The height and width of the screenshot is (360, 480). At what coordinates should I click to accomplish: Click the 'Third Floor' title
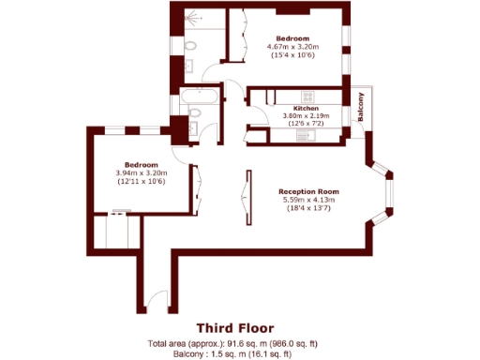tap(234, 328)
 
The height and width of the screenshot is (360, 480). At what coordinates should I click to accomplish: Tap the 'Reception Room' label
tap(308, 188)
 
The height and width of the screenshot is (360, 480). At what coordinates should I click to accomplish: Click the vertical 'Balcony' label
tap(359, 111)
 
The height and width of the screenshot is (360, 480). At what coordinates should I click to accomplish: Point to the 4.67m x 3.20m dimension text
tap(293, 47)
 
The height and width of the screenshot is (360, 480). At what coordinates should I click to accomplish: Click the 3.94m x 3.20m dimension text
tap(141, 172)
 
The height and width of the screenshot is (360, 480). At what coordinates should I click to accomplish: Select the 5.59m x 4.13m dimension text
tap(308, 199)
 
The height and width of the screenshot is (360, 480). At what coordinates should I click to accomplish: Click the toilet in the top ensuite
tap(190, 45)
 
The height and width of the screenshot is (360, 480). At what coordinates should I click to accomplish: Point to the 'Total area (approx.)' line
tap(234, 344)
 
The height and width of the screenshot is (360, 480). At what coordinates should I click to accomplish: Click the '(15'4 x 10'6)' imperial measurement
tap(293, 56)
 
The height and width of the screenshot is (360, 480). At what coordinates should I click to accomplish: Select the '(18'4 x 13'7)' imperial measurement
tap(308, 208)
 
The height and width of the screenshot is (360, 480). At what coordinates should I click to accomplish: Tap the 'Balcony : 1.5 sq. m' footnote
tap(234, 354)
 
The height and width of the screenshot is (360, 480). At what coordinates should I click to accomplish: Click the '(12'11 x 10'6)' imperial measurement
tap(141, 181)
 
